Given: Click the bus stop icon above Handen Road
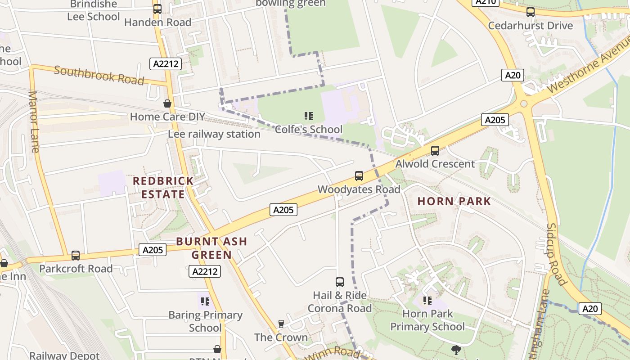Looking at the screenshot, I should [x=157, y=9].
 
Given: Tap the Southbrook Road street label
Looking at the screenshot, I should [x=99, y=75].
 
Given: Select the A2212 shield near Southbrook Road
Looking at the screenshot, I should [x=166, y=64].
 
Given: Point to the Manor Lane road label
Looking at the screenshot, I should [x=34, y=121].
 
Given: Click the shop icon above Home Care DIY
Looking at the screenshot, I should [x=167, y=104].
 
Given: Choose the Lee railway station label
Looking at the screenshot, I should [x=214, y=134].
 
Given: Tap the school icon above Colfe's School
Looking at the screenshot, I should [x=308, y=117].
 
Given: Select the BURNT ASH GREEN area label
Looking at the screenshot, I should [x=211, y=248].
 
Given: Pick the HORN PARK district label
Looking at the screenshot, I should [x=454, y=201].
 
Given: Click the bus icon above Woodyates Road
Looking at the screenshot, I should [x=359, y=176].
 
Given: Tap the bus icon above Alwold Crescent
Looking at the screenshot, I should [x=435, y=151].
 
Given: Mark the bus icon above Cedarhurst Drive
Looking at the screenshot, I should [x=531, y=12].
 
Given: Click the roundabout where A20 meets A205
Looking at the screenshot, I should [x=524, y=104].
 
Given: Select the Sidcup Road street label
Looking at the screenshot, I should [x=556, y=254].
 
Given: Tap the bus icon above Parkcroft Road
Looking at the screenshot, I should [x=76, y=256].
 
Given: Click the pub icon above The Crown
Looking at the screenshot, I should [x=281, y=324].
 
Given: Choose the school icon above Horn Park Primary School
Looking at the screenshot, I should [x=427, y=300].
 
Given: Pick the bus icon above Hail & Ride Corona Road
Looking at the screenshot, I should [x=340, y=282].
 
